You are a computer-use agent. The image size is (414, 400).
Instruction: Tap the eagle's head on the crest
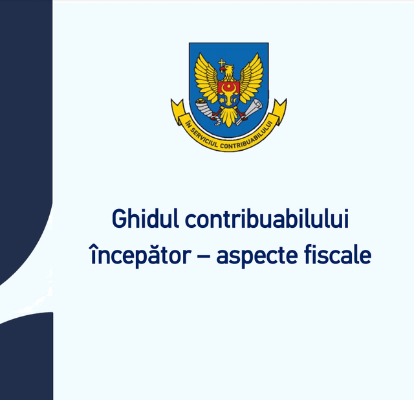coord(226,72)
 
